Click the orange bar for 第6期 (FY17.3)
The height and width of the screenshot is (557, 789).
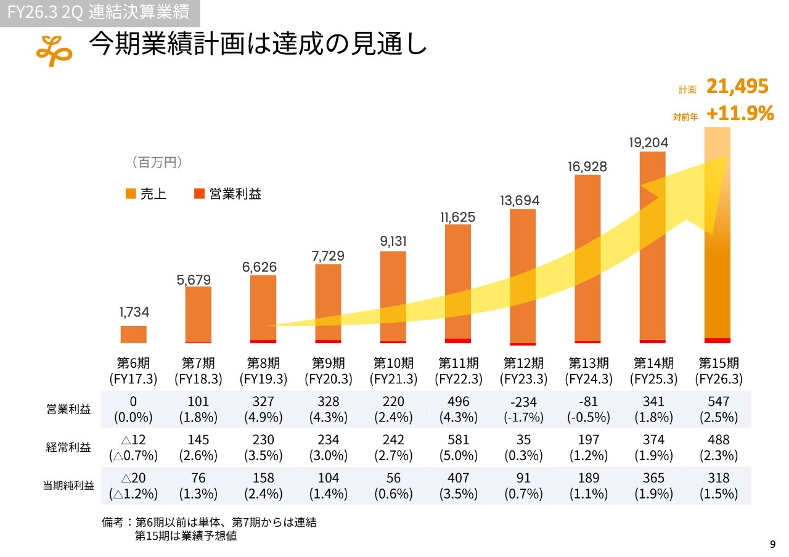click(x=134, y=334)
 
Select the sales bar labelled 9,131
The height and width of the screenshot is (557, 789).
click(x=393, y=296)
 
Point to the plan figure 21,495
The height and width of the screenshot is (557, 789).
click(x=737, y=87)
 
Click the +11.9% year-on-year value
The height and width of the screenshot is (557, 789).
click(x=740, y=114)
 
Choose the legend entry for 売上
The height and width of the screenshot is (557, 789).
click(x=146, y=194)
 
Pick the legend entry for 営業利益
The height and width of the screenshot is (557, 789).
click(x=228, y=194)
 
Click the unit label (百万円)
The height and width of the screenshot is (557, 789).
click(x=157, y=163)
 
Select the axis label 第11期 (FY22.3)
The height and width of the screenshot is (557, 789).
click(x=459, y=370)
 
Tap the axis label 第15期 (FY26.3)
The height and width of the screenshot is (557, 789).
click(x=719, y=370)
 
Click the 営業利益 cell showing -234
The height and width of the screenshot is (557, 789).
click(x=524, y=402)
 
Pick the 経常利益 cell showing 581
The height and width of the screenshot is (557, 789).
click(x=459, y=440)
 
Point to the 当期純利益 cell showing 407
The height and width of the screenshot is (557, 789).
click(x=459, y=478)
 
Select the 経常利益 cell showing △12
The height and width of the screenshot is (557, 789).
click(x=133, y=440)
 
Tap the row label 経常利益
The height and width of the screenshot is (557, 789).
click(x=68, y=447)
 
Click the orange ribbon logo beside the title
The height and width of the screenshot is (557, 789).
click(x=54, y=50)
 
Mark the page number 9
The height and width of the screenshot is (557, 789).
click(x=772, y=544)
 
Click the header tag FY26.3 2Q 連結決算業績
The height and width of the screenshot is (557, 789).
click(x=99, y=12)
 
